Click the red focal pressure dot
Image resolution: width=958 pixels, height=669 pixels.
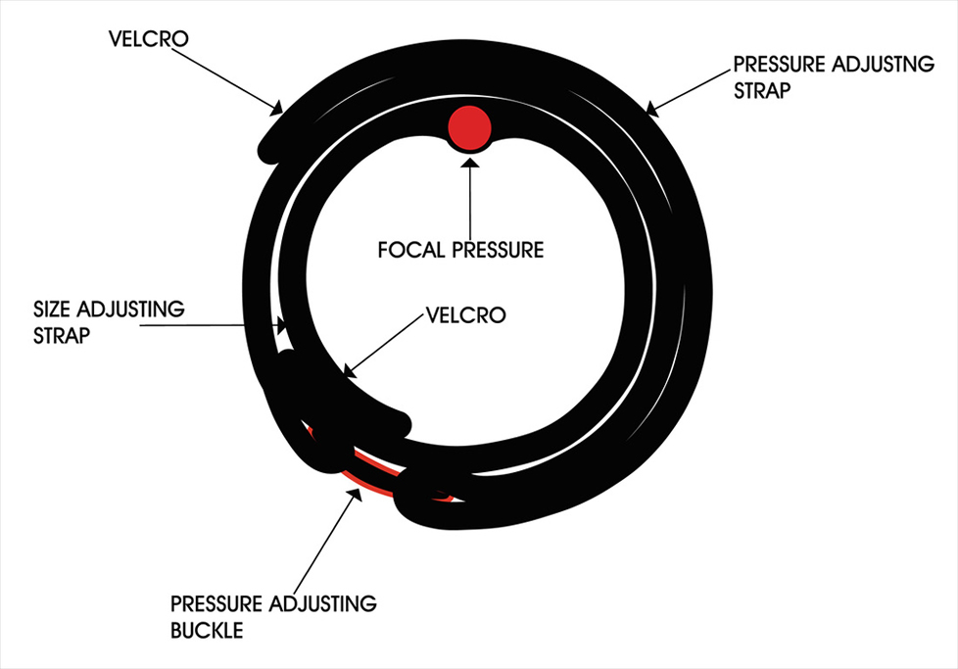click(x=469, y=127)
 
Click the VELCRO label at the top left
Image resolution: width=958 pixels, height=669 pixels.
click(x=149, y=38)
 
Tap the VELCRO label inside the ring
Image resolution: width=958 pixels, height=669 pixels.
click(x=465, y=315)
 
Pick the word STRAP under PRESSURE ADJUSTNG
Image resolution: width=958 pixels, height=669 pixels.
click(x=762, y=90)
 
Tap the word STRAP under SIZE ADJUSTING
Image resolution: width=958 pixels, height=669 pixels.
click(x=62, y=335)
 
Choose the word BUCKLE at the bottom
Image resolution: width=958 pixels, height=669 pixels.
click(x=207, y=630)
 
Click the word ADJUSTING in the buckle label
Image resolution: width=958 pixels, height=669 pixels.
click(x=323, y=603)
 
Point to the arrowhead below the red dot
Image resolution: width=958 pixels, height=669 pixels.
click(x=470, y=162)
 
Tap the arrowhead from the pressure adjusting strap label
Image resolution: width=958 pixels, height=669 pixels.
click(x=652, y=110)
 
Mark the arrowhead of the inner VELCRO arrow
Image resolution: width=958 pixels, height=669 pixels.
click(x=349, y=372)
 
